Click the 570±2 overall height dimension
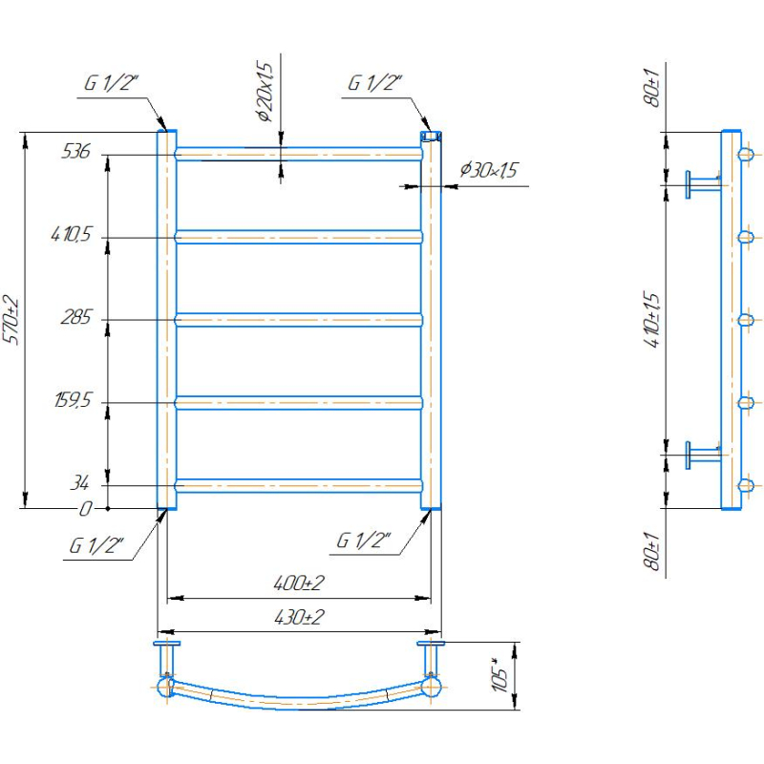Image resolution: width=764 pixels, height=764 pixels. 11,320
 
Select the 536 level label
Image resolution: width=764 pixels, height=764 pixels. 76,152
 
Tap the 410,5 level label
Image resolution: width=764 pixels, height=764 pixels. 71,234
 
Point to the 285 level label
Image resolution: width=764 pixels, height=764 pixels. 76,317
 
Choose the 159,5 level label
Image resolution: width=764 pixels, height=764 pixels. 73,400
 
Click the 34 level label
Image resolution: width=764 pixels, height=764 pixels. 80,483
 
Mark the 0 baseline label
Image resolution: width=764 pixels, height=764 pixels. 85,509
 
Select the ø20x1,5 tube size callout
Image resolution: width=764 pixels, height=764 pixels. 265,92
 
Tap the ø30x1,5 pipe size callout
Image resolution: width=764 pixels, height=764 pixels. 489,170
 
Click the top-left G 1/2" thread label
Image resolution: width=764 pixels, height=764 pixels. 112,83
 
